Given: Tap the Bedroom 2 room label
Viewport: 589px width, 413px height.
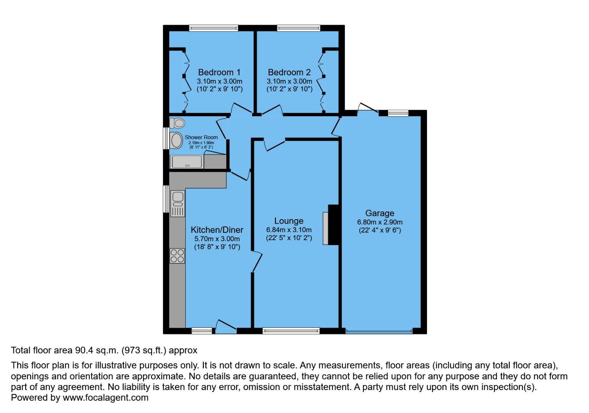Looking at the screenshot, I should pyautogui.click(x=289, y=72).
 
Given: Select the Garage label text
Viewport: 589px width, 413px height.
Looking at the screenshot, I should pyautogui.click(x=380, y=213).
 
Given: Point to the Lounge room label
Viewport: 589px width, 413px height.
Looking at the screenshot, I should pyautogui.click(x=289, y=221).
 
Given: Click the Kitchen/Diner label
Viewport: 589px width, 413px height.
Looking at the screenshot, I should pyautogui.click(x=217, y=230).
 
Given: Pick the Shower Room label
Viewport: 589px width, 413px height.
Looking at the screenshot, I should pyautogui.click(x=201, y=137).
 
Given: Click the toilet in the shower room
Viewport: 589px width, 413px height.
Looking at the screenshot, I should pyautogui.click(x=177, y=123).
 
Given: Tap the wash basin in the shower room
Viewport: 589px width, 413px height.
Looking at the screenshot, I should pyautogui.click(x=176, y=140).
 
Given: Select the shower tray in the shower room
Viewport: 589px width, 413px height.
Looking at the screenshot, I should pyautogui.click(x=187, y=162).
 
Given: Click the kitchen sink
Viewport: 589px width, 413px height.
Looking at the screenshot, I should pyautogui.click(x=178, y=197).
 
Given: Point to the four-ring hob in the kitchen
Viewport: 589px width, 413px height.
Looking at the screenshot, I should pyautogui.click(x=177, y=256).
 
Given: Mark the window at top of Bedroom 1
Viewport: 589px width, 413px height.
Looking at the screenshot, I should pyautogui.click(x=214, y=28).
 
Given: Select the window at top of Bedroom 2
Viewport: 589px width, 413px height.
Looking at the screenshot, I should pyautogui.click(x=298, y=28).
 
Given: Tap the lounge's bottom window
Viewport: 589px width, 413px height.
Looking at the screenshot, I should pyautogui.click(x=291, y=331).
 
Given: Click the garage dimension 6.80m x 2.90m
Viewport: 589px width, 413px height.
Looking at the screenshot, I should pyautogui.click(x=380, y=222).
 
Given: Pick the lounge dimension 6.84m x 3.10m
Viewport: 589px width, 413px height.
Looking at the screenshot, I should pyautogui.click(x=289, y=230).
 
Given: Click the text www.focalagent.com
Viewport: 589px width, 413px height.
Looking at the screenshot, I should pyautogui.click(x=105, y=398).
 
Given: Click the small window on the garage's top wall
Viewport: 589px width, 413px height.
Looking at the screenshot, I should pyautogui.click(x=398, y=113).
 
